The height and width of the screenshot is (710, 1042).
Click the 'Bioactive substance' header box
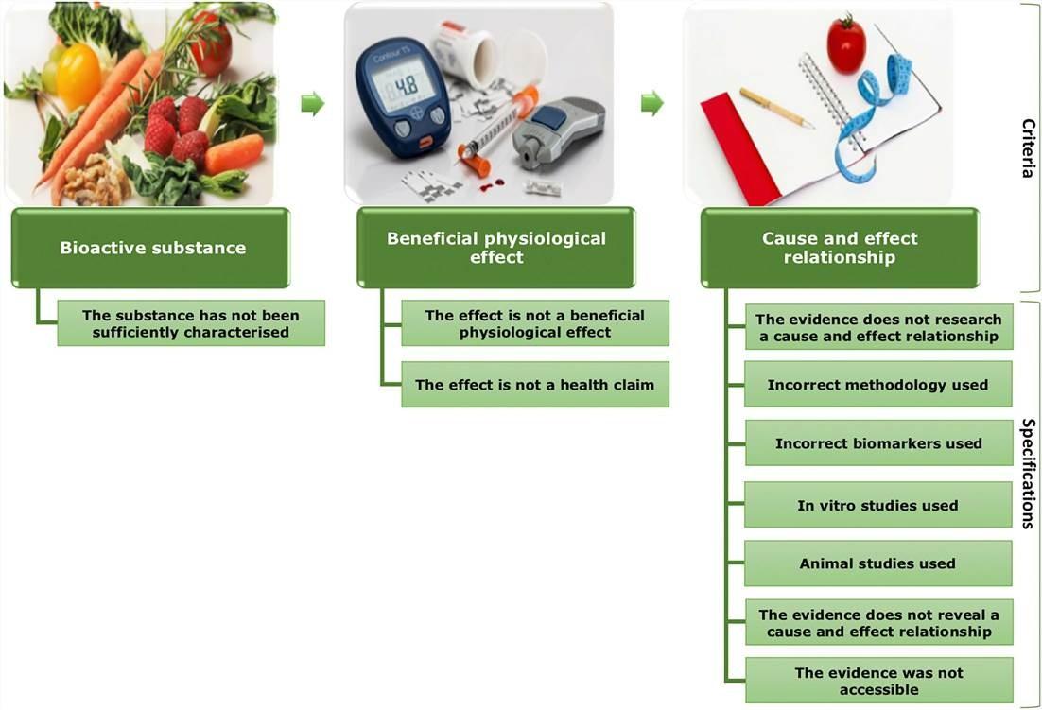point(151,248)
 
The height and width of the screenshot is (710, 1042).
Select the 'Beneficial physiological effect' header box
point(495,248)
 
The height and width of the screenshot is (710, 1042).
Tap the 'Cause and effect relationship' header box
point(840,248)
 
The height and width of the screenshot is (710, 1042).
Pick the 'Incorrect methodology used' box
point(877,384)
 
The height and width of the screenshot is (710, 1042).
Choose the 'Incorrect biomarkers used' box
point(878,442)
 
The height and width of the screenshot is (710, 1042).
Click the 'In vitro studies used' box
point(877,505)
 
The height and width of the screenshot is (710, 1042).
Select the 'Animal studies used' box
point(877,563)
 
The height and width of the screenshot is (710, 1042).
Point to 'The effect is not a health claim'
point(535,385)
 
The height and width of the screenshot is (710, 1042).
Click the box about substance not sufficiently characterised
point(191,323)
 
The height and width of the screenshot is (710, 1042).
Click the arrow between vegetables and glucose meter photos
point(312,104)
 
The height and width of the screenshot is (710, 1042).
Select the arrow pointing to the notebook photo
point(652,104)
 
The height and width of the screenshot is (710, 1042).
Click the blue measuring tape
point(873,116)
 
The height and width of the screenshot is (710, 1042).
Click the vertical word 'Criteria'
point(1028,147)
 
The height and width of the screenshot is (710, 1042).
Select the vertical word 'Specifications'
point(1028,473)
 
